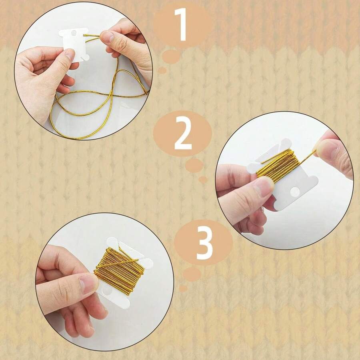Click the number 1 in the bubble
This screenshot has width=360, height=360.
(182, 25)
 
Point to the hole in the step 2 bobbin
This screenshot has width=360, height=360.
(295, 192)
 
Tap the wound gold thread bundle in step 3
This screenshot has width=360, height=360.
(119, 270)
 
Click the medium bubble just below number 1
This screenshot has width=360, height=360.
(171, 56)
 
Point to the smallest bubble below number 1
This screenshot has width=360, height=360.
(162, 70)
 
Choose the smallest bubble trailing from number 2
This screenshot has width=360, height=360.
(203, 180)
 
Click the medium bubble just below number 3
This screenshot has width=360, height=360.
(192, 274)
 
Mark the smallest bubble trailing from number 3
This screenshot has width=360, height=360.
(183, 288)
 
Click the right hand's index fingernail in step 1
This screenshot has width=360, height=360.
(107, 37)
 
